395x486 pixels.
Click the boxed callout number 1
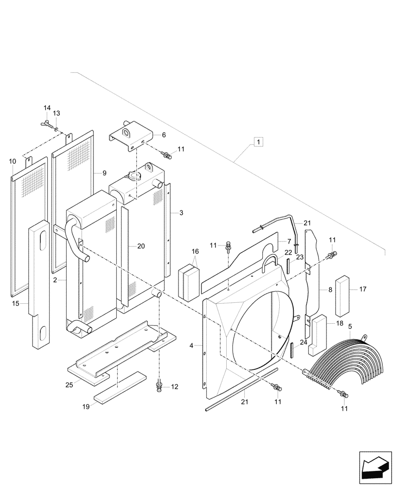[258, 142]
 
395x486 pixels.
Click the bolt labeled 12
[159, 386]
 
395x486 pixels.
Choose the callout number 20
[141, 246]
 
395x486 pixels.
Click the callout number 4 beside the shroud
[192, 346]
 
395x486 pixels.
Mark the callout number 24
[303, 342]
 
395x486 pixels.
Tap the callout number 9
[104, 173]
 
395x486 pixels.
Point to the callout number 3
[181, 213]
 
